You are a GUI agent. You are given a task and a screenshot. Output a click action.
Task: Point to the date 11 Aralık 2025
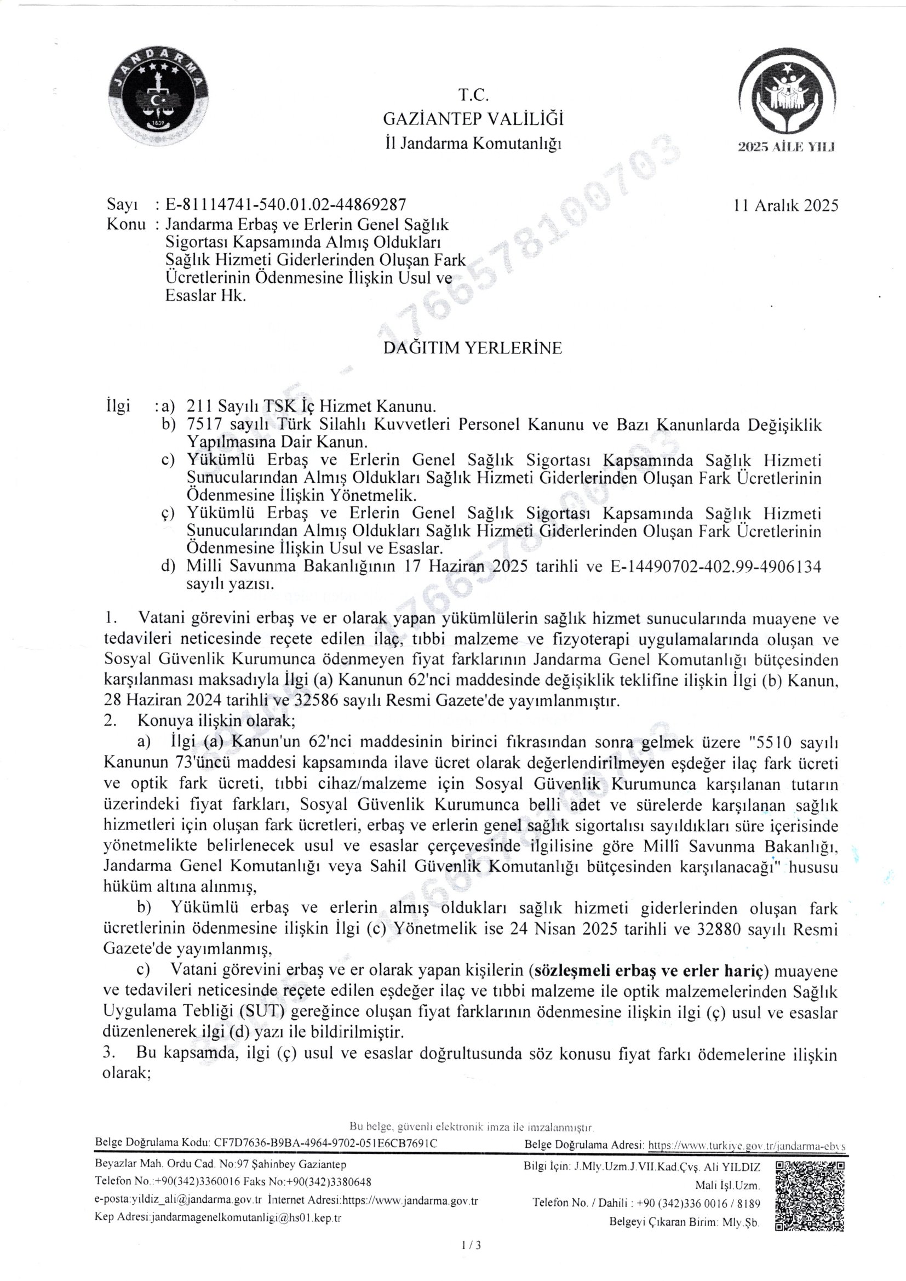(786, 206)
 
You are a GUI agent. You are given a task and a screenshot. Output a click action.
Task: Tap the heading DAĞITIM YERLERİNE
(473, 348)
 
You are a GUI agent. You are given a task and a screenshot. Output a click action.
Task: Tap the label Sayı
(122, 205)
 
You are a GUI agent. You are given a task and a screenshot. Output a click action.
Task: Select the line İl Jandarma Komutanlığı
(473, 144)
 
